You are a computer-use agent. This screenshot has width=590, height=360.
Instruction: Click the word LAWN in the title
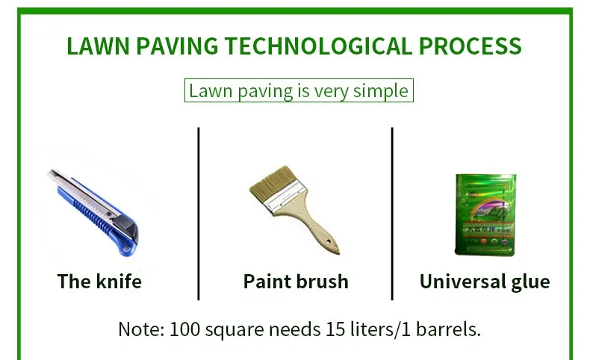click(x=98, y=46)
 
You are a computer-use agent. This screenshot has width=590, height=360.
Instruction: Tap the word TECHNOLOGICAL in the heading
click(x=319, y=46)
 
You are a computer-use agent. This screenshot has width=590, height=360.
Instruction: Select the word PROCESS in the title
click(x=470, y=46)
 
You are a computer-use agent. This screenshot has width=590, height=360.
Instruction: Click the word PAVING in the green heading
click(x=177, y=46)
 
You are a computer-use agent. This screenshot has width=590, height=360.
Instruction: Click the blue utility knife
click(x=93, y=212)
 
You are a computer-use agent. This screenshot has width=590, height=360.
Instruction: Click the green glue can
click(x=485, y=214)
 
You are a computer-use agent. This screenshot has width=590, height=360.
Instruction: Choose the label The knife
click(x=99, y=282)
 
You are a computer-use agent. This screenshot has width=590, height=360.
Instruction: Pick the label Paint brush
click(x=296, y=282)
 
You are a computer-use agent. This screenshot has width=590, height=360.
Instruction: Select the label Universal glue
click(x=485, y=282)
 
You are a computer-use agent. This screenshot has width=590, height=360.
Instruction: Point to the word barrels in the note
click(x=448, y=329)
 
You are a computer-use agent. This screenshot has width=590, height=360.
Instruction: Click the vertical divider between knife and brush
click(x=199, y=214)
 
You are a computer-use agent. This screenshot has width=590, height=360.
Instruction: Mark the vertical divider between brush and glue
click(x=392, y=214)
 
